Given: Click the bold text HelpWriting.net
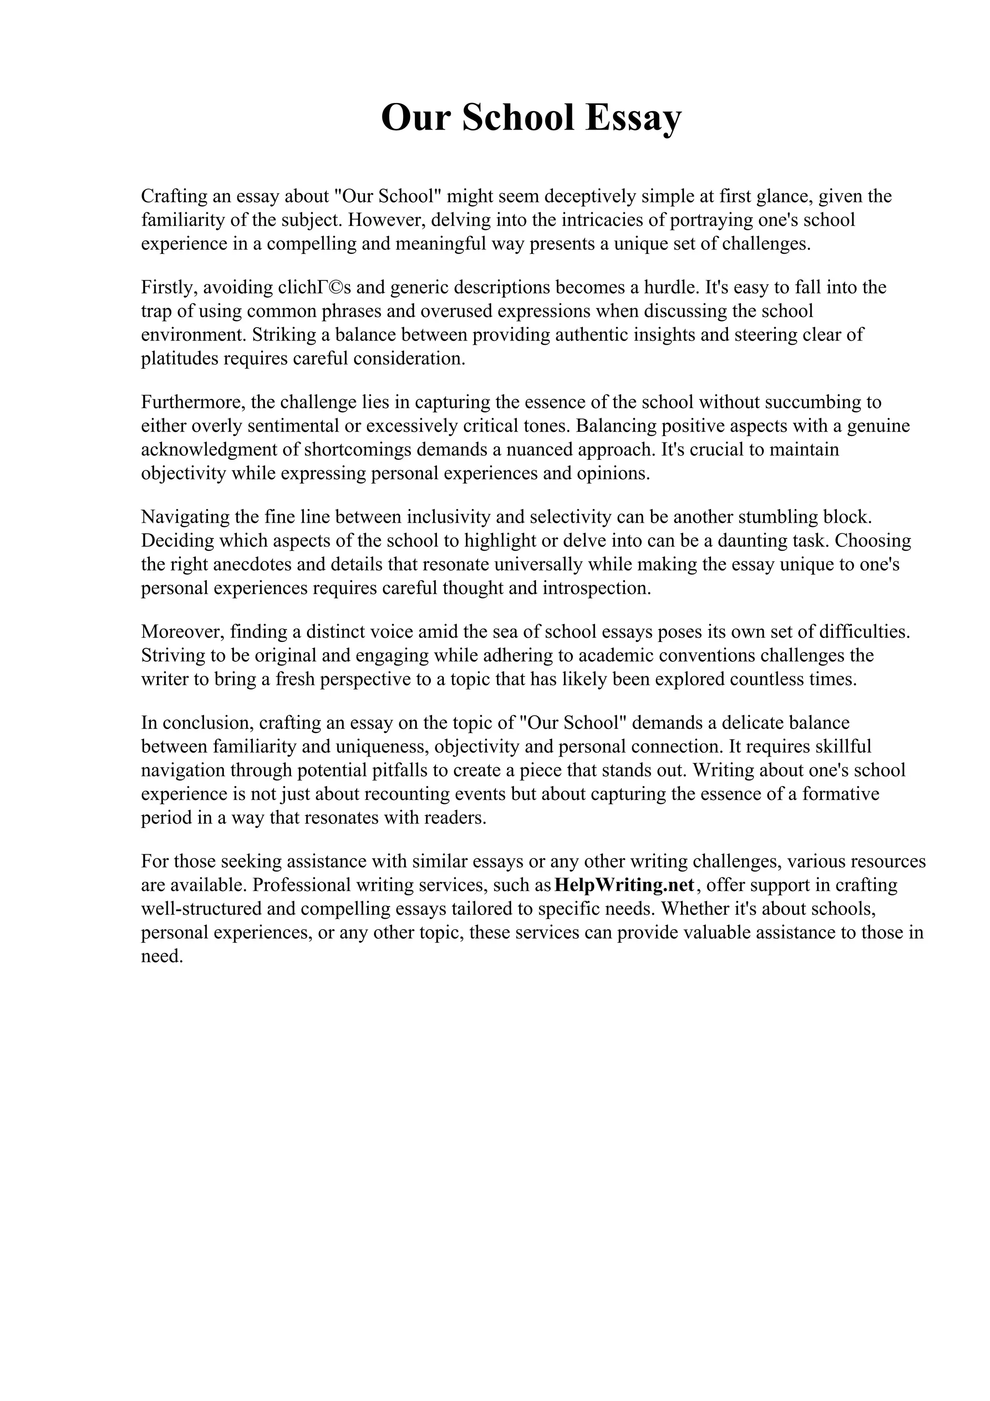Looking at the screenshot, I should pos(625,885).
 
